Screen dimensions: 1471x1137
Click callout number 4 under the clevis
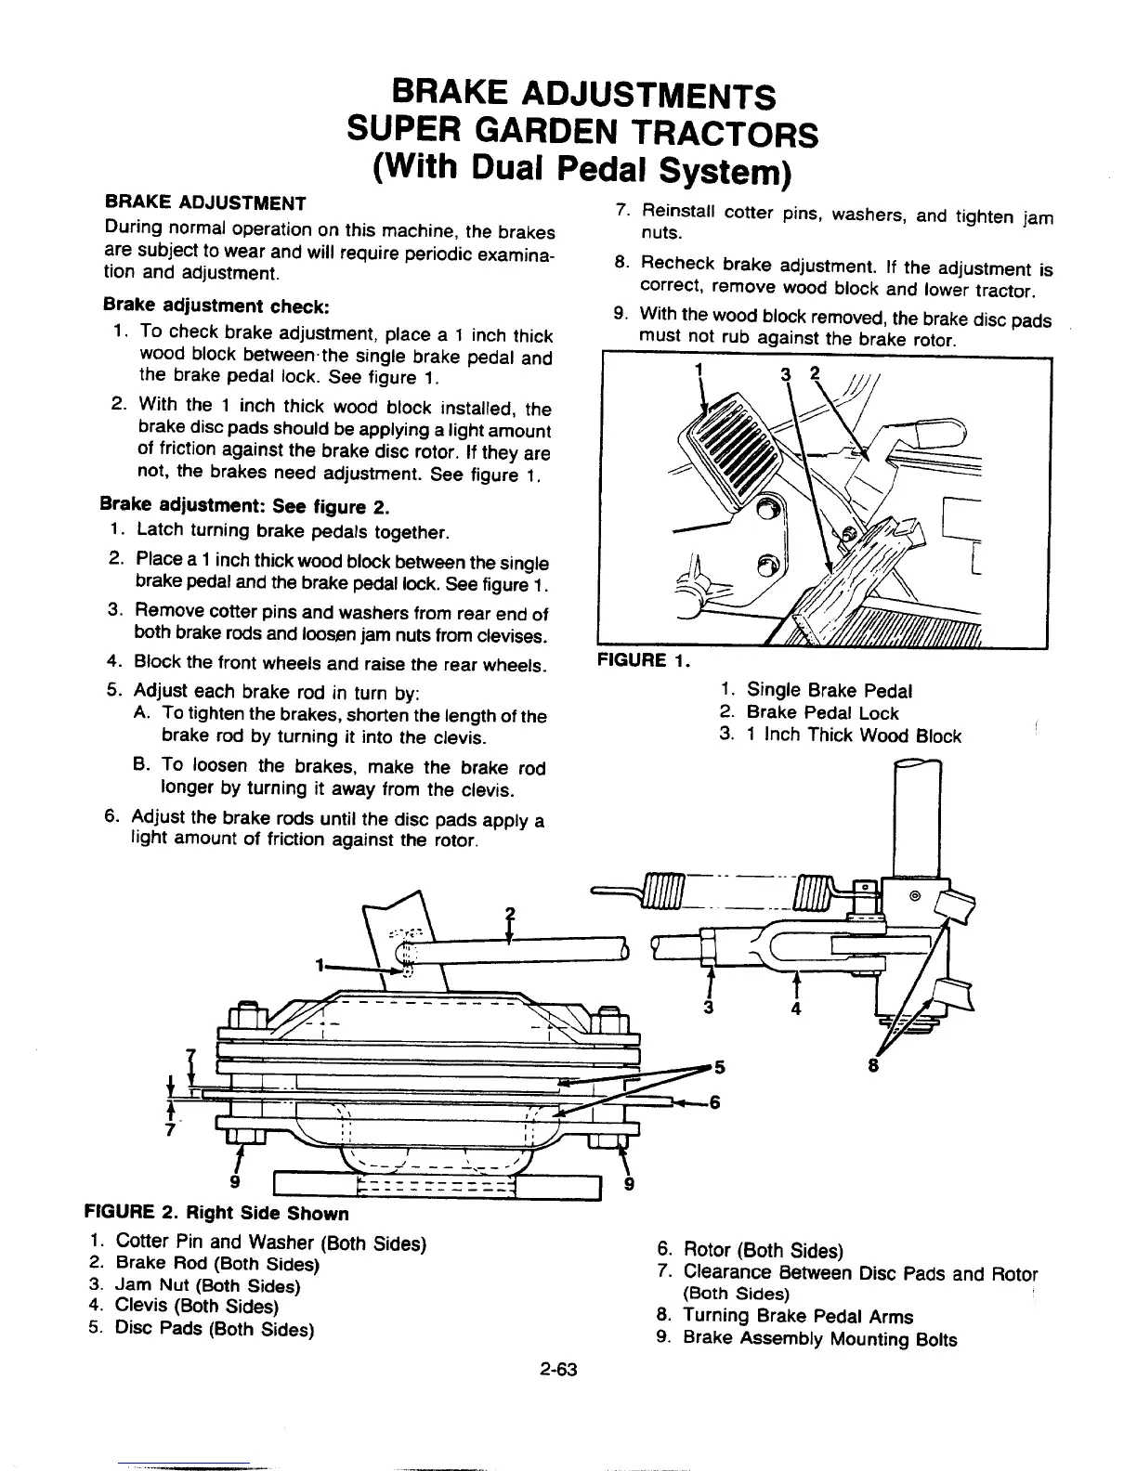(796, 1009)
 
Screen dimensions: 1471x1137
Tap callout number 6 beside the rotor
(713, 1102)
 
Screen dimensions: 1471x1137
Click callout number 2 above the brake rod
(509, 911)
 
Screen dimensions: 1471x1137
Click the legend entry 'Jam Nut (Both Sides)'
(207, 1286)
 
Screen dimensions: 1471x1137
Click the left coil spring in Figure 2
(662, 890)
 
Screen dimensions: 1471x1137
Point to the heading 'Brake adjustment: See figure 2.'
(245, 507)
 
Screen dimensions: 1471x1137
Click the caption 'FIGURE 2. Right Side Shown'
(216, 1214)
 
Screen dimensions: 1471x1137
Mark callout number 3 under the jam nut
(710, 1009)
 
